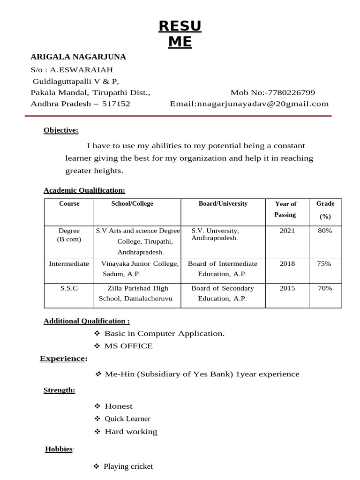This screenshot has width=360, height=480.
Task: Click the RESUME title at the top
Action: pos(180,34)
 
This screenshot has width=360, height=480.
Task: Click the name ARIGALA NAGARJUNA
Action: pos(78,57)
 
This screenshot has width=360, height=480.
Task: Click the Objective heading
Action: pos(61,130)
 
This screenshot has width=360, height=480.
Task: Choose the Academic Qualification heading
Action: pos(84,190)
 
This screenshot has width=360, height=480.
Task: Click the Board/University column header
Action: pos(223,204)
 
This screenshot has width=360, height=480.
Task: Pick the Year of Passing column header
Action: pos(285,209)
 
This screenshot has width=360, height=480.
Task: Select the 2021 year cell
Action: pos(287,231)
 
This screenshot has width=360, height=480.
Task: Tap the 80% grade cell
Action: pos(324,231)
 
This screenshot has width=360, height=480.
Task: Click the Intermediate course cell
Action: pos(69,264)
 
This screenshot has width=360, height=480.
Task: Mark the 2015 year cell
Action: pos(287,288)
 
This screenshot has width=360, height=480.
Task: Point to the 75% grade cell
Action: pos(324,264)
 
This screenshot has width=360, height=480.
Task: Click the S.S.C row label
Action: pos(69,288)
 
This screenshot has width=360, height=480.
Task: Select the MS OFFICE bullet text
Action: pos(128,346)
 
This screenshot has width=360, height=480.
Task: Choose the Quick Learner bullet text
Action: pos(127,419)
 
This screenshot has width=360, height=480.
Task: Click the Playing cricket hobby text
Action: pos(128,466)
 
